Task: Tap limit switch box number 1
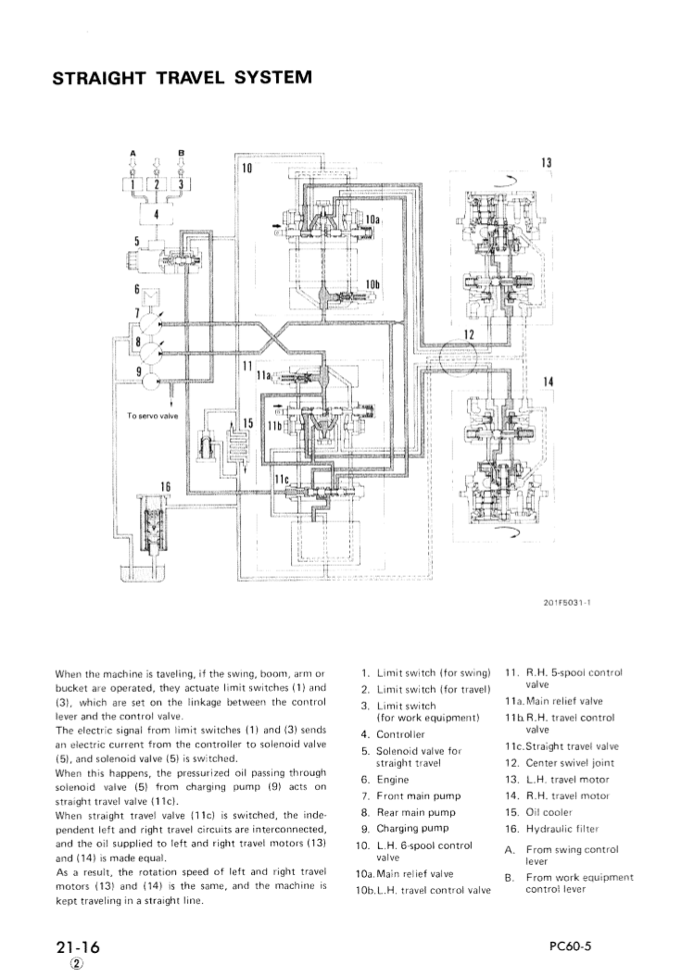coord(135,183)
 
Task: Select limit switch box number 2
coord(158,183)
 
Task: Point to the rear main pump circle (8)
coord(151,349)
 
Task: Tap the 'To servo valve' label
coord(150,415)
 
